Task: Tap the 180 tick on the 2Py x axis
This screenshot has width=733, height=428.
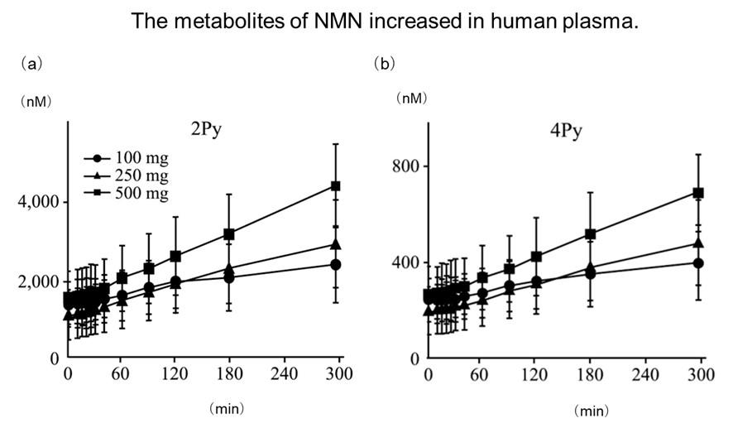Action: click(228, 373)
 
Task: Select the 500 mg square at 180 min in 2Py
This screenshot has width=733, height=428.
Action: click(229, 234)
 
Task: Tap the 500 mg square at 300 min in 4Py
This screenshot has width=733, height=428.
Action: click(698, 193)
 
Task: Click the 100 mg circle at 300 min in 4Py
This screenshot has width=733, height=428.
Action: click(698, 263)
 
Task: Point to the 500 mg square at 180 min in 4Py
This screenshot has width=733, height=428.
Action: click(591, 234)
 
